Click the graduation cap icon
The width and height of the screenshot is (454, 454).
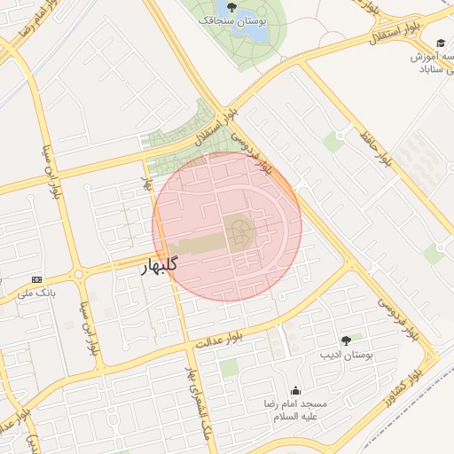tap(441, 43)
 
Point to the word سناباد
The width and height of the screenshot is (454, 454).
tap(434, 69)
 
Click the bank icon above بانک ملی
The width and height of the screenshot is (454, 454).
tap(36, 278)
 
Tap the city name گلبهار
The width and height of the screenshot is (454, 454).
tap(160, 264)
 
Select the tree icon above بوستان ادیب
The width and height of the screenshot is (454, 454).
tap(346, 340)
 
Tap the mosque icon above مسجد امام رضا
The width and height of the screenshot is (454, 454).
tap(295, 390)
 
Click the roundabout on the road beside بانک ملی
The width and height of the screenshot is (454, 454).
tap(79, 274)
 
